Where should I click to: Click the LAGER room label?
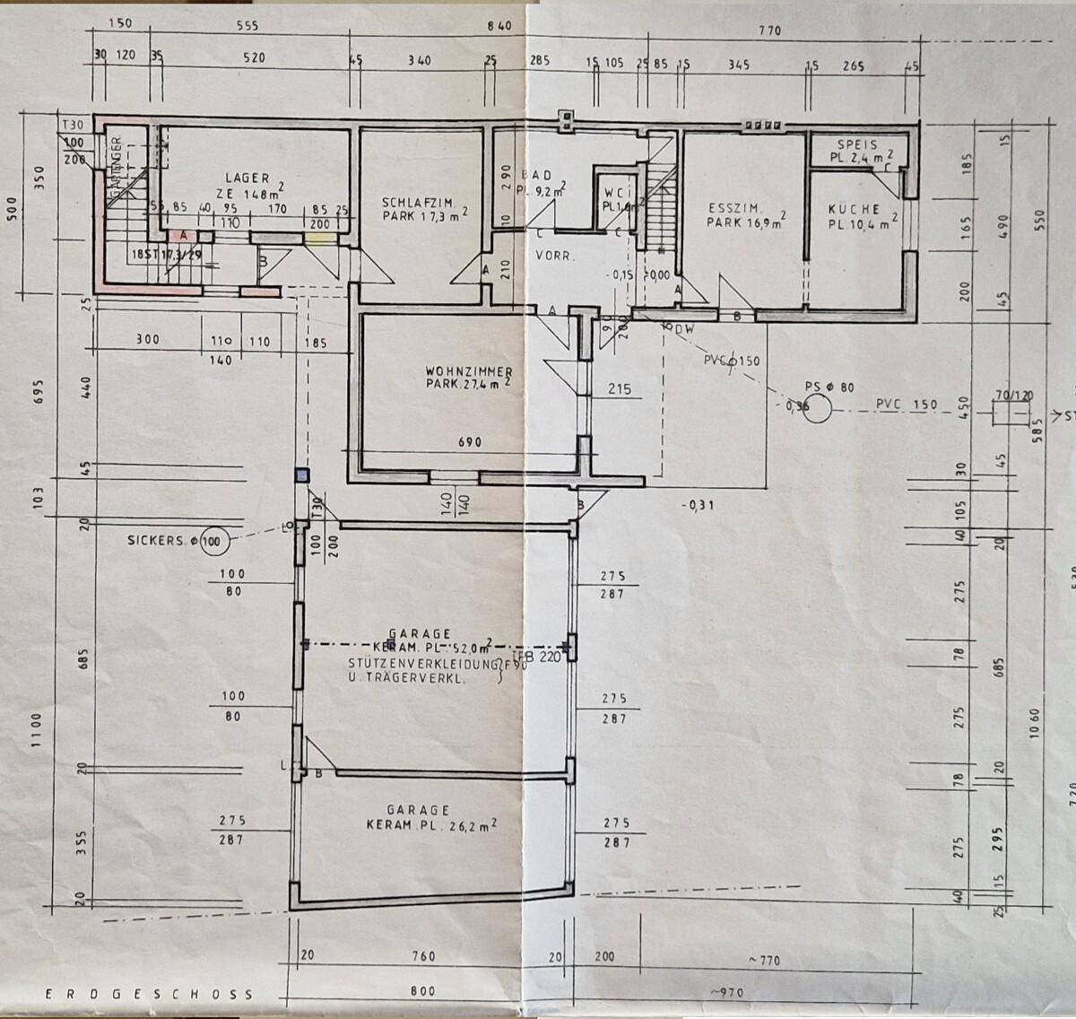(247, 179)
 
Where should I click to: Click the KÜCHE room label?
(854, 209)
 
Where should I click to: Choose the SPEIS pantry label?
(858, 144)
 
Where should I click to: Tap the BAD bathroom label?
(541, 176)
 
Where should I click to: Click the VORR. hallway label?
(553, 256)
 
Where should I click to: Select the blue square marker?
(302, 475)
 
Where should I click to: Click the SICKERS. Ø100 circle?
(214, 541)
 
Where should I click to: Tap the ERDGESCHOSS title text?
(148, 994)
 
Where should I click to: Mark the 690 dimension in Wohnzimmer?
(470, 442)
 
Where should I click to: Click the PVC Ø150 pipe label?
(732, 361)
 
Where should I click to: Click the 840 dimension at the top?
(499, 27)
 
